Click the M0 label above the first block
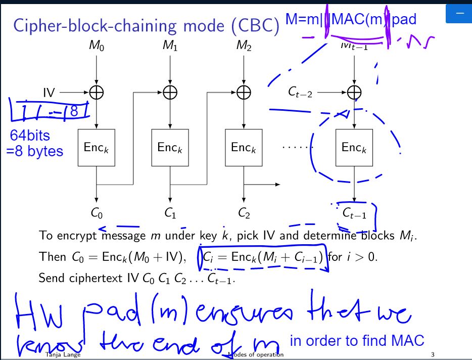[x=97, y=47]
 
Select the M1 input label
[x=170, y=47]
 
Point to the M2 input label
[x=244, y=47]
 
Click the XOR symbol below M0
[x=97, y=93]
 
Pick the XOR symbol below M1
[x=170, y=93]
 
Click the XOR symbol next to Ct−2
[x=354, y=93]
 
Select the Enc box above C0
[x=97, y=147]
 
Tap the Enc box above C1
[x=170, y=147]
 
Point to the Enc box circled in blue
[x=354, y=147]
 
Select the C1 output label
[x=170, y=214]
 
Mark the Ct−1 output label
[x=354, y=214]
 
